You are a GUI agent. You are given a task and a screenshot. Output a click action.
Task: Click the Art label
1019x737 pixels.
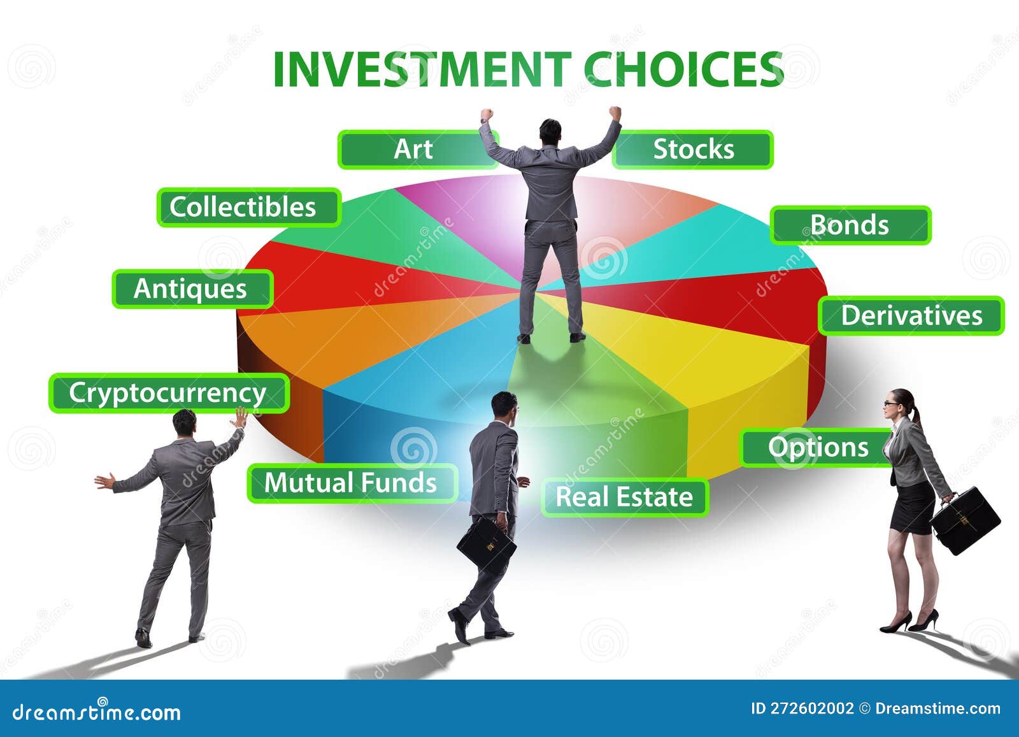(x=414, y=150)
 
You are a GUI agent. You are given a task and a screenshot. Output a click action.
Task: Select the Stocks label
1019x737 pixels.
(x=693, y=150)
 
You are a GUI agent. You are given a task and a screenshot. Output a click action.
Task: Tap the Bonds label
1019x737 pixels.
(x=850, y=225)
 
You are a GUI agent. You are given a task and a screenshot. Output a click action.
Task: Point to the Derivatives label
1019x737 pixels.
(x=911, y=315)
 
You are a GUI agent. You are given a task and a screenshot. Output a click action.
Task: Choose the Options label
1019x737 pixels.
(x=818, y=447)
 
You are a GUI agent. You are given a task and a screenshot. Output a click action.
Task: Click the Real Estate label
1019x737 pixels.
(x=624, y=497)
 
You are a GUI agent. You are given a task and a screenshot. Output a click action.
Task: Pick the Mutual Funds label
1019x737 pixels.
(x=351, y=483)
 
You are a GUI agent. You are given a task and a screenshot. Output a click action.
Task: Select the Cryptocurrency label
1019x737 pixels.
(x=168, y=393)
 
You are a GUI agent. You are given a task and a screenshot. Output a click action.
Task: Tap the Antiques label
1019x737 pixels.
(x=191, y=289)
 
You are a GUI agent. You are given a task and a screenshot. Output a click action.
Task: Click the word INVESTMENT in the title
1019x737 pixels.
(x=421, y=69)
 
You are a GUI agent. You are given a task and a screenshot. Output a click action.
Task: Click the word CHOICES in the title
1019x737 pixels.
(x=683, y=69)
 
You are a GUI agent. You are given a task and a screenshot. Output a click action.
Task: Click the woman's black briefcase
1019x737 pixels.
(x=966, y=520)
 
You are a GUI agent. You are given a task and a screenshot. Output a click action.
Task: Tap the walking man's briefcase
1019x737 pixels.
(x=486, y=544)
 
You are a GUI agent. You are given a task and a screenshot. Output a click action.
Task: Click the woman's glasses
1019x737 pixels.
(x=890, y=403)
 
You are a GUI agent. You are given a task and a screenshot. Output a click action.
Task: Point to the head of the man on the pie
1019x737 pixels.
(x=550, y=131)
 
